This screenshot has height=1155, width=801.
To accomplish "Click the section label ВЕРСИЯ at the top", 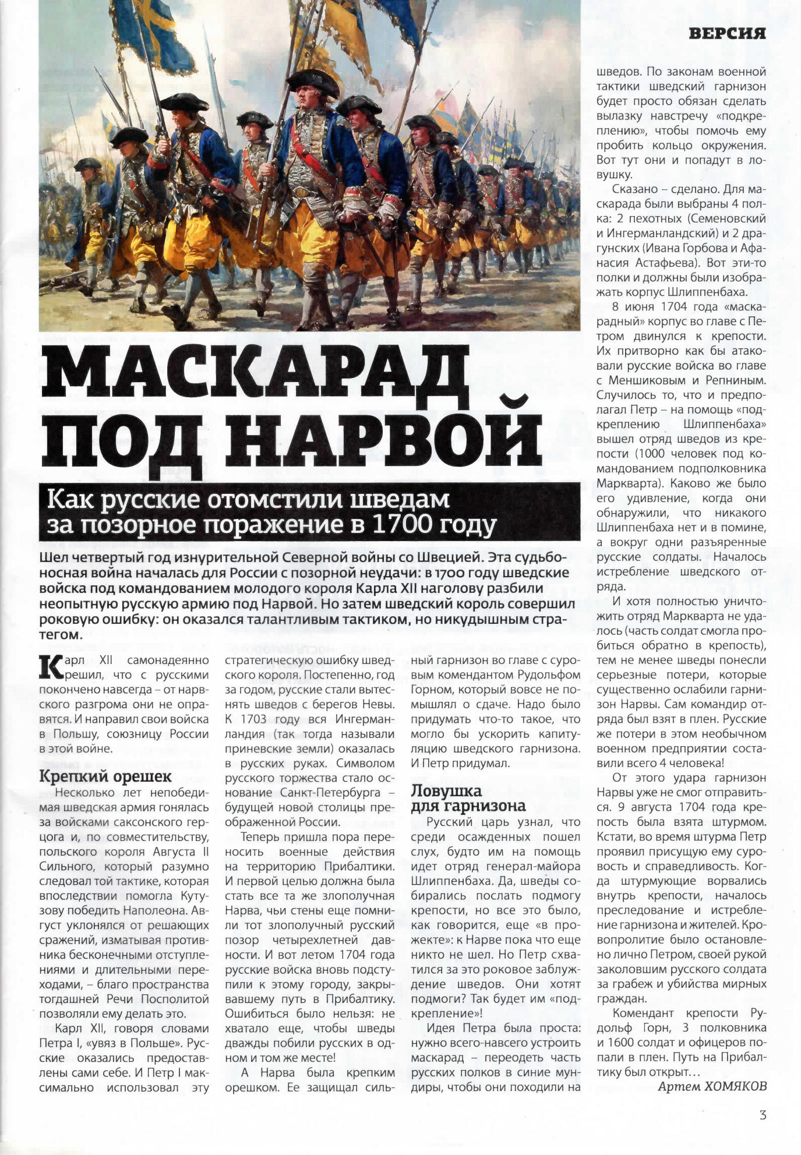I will coord(726,33).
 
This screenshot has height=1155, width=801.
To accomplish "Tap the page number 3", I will coord(763,1115).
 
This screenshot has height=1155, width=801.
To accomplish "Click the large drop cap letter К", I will coord(50,667).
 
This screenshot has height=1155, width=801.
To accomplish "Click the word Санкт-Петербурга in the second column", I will coord(330,792).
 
